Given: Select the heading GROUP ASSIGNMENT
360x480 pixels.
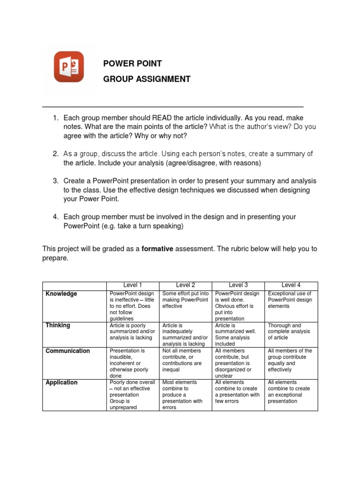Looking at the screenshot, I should [x=147, y=79].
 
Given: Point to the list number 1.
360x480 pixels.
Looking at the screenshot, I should [x=55, y=118].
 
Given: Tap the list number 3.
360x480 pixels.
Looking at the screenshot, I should [x=55, y=181].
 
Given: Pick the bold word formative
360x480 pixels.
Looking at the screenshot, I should [x=158, y=249].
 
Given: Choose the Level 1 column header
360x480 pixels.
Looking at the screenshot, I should [x=133, y=285].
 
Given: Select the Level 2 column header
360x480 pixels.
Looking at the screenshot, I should [x=186, y=285].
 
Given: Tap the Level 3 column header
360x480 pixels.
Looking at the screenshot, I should [x=238, y=285].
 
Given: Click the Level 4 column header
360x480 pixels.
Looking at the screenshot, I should [x=291, y=285].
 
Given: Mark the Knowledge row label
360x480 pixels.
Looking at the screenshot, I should [x=61, y=294].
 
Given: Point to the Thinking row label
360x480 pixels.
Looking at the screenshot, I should [x=58, y=325].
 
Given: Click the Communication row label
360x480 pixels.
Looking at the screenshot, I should [x=68, y=351].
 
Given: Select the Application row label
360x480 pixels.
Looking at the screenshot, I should [x=62, y=382].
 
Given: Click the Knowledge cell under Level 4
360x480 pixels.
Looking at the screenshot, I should [x=291, y=300].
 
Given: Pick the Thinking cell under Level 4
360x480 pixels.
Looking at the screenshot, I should [x=291, y=331].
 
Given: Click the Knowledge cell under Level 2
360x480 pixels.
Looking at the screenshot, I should [x=186, y=300].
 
